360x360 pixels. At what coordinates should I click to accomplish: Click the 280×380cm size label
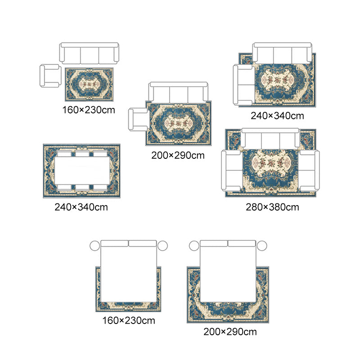(272, 207)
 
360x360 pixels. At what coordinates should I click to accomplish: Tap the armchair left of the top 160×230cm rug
(50, 76)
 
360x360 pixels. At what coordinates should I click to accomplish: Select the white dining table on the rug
(82, 171)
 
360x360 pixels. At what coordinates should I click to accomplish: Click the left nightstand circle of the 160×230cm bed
(95, 246)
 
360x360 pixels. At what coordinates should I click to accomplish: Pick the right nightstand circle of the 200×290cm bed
(262, 246)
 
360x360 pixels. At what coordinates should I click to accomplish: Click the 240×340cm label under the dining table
(81, 207)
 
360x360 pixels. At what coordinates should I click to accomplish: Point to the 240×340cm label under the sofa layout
(277, 116)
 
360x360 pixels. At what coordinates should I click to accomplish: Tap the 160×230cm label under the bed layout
(129, 320)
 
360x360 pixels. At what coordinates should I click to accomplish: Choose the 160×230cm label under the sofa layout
(89, 110)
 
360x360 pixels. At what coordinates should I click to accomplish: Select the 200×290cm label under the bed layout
(230, 332)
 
